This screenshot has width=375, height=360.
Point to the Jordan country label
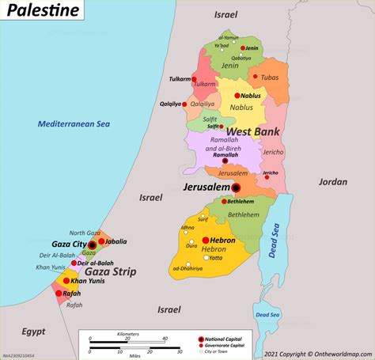[x=332, y=181]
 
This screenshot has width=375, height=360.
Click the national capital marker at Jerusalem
[x=236, y=188]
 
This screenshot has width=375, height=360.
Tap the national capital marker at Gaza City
[x=92, y=246]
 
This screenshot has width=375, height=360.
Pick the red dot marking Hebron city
[x=205, y=240]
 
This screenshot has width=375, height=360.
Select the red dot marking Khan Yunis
[x=66, y=281]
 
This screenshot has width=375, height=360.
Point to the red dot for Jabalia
[x=102, y=241]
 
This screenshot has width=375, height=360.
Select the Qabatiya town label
[x=242, y=58]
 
